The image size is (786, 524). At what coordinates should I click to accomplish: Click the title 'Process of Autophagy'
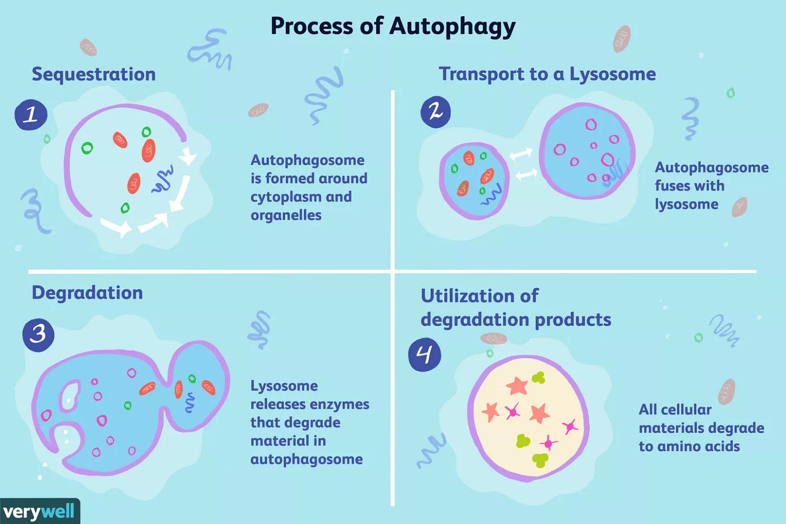pyautogui.click(x=392, y=26)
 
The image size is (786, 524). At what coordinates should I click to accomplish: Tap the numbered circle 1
pyautogui.click(x=31, y=115)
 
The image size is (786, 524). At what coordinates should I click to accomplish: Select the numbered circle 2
pyautogui.click(x=435, y=112)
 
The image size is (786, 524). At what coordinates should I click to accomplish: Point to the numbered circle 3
pyautogui.click(x=38, y=334)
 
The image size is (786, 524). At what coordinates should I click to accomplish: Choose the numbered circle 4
pyautogui.click(x=424, y=356)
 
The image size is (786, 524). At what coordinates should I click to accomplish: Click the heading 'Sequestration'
pyautogui.click(x=93, y=74)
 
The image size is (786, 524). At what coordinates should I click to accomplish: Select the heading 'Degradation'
pyautogui.click(x=87, y=292)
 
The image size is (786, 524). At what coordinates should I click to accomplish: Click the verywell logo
pyautogui.click(x=39, y=511)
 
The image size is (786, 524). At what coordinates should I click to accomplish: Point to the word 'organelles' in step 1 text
pyautogui.click(x=286, y=215)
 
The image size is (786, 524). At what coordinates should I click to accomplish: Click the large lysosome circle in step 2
pyautogui.click(x=587, y=151)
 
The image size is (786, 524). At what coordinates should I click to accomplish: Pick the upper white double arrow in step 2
pyautogui.click(x=520, y=154)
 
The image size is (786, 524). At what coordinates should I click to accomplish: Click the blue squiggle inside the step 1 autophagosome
pyautogui.click(x=162, y=180)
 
